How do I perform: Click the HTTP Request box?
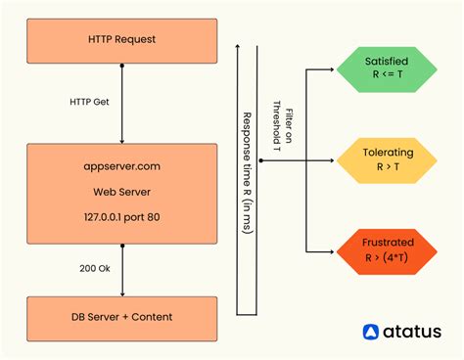click(x=121, y=39)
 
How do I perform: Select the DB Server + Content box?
click(x=121, y=318)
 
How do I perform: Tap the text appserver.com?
click(x=122, y=166)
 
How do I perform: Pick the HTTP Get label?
click(x=91, y=101)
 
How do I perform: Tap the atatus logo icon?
click(x=371, y=333)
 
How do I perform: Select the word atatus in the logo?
click(x=411, y=333)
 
